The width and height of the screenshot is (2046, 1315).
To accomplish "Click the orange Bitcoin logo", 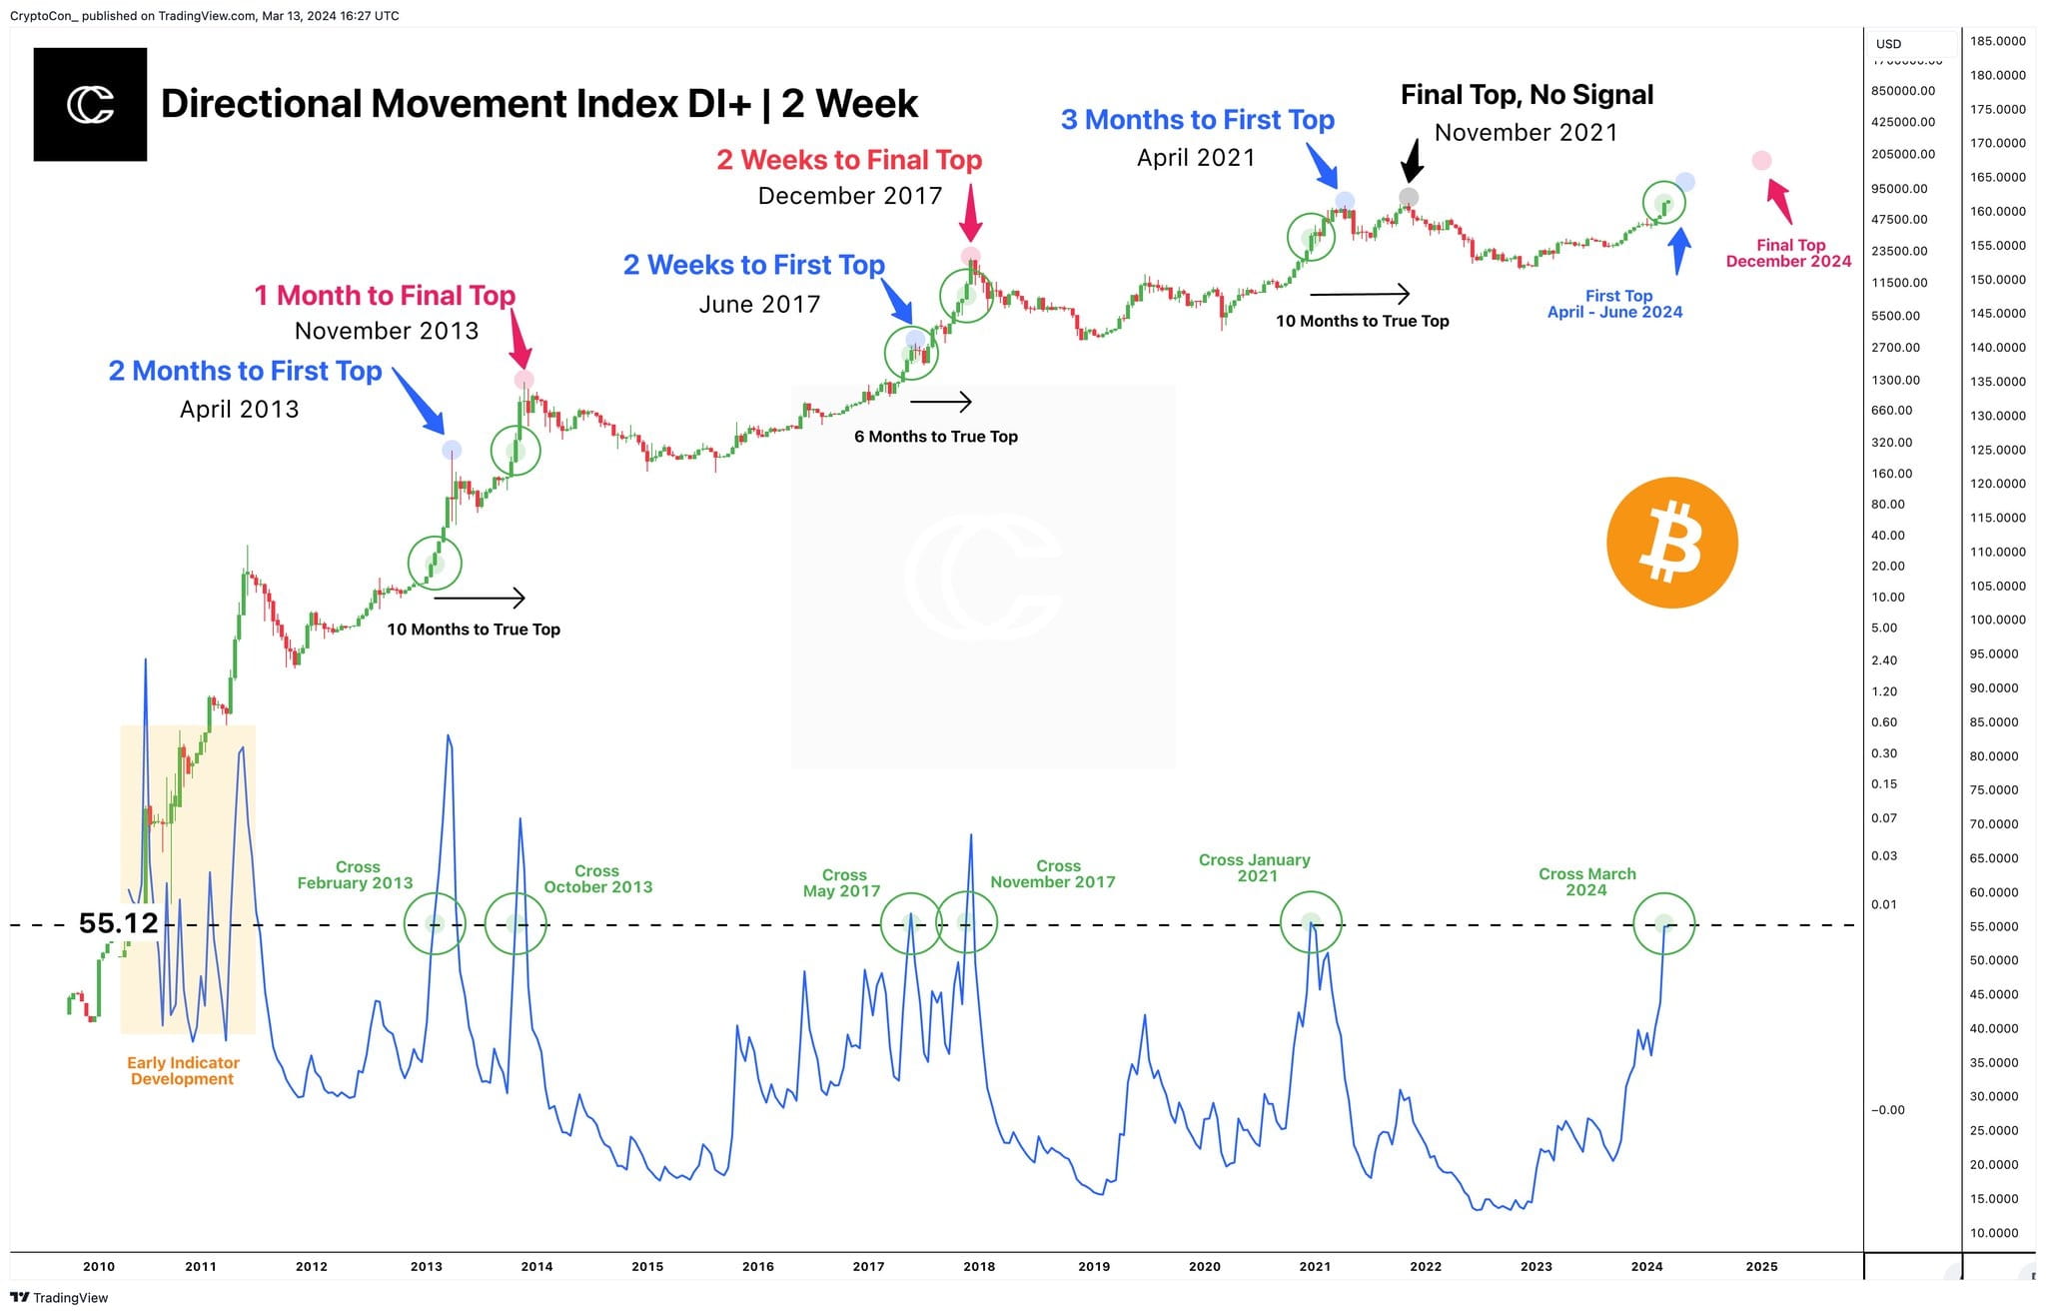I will tap(1671, 543).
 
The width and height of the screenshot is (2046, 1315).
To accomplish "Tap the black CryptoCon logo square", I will tap(90, 105).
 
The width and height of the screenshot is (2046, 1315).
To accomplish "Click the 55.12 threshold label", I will tap(118, 922).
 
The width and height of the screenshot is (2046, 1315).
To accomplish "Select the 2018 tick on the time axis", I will tap(979, 1266).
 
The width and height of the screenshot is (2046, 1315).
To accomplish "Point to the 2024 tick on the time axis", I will tap(1646, 1266).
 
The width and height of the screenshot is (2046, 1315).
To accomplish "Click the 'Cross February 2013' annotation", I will tap(356, 875).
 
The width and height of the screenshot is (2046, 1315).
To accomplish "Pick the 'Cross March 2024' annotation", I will tap(1586, 881).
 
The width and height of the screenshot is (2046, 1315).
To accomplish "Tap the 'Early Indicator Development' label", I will tap(183, 1070).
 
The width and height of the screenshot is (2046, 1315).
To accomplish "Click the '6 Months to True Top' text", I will tap(936, 437).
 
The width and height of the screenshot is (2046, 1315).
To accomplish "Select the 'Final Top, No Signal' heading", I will tap(1527, 95).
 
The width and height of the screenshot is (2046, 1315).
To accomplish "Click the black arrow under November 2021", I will tap(1411, 159).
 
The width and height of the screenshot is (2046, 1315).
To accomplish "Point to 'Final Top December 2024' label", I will tap(1788, 253).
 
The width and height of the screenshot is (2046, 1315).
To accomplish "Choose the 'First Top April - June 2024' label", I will tap(1615, 304).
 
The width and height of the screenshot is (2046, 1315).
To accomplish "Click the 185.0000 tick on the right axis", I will tap(1998, 41).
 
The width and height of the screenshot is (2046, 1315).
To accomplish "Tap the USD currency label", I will tap(1888, 44).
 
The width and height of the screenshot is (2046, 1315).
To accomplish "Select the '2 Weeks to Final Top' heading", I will tap(849, 160).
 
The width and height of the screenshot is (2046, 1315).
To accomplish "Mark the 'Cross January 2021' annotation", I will tap(1255, 867).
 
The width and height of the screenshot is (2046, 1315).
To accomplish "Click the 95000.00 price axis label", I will tap(1899, 188).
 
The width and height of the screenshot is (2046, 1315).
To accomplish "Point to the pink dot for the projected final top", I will tap(1761, 161).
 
